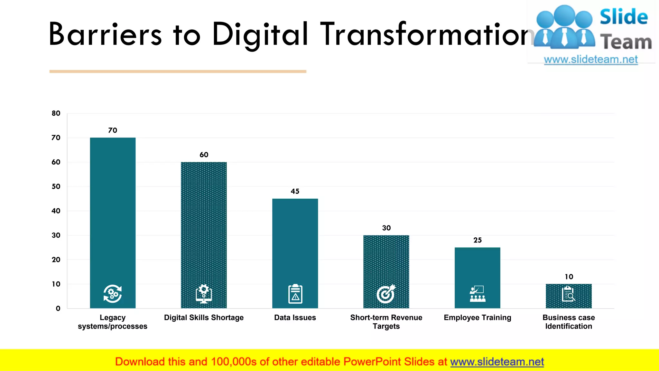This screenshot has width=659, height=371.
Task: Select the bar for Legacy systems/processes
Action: pyautogui.click(x=113, y=209)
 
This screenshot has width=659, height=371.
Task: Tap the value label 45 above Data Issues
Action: pyautogui.click(x=295, y=191)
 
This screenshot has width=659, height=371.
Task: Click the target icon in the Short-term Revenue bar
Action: pyautogui.click(x=386, y=294)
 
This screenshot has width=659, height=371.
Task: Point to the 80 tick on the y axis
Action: pyautogui.click(x=56, y=113)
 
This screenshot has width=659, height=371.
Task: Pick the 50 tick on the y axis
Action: pyautogui.click(x=56, y=186)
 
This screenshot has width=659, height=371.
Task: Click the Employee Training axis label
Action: pyautogui.click(x=477, y=318)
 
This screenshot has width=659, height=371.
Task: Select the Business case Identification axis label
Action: pyautogui.click(x=569, y=322)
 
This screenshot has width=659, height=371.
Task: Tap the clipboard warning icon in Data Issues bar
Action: pyautogui.click(x=295, y=294)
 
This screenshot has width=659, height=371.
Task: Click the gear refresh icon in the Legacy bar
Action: pyautogui.click(x=113, y=294)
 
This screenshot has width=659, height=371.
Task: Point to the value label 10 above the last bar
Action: pyautogui.click(x=569, y=277)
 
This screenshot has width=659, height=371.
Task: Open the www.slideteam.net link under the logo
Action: pyautogui.click(x=591, y=60)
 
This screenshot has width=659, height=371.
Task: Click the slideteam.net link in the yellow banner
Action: pyautogui.click(x=497, y=362)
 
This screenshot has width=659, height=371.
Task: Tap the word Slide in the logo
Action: pyautogui.click(x=624, y=17)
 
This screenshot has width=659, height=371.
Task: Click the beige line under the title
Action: pyautogui.click(x=178, y=71)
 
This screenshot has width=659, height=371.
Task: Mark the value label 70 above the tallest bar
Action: pyautogui.click(x=113, y=130)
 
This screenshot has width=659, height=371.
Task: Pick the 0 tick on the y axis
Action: pyautogui.click(x=58, y=309)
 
